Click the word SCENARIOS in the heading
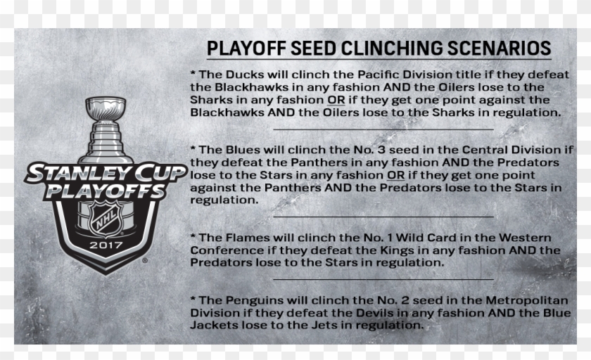click(499, 49)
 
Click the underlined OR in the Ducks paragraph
click(336, 100)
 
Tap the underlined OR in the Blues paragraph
click(395, 175)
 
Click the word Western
click(525, 238)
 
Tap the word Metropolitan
click(526, 300)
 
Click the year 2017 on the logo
click(106, 245)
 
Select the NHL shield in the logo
click(106, 219)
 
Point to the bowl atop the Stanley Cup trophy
click(106, 108)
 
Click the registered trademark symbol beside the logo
click(145, 260)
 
